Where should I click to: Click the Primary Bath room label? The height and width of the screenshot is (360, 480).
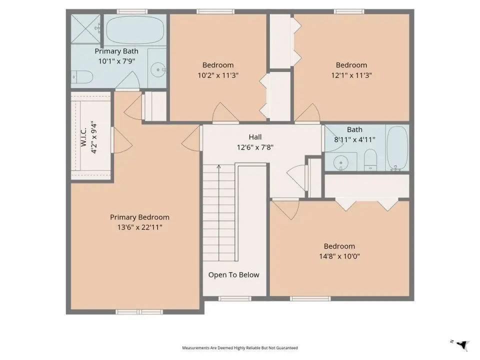click(116, 51)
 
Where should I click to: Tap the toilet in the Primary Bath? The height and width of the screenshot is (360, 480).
click(82, 77)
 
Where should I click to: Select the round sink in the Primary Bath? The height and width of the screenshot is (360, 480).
click(158, 70)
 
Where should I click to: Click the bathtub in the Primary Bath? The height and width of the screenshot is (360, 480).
click(134, 29)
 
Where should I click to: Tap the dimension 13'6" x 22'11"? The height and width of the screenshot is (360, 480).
click(139, 227)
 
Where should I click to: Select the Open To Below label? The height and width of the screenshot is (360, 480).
click(234, 275)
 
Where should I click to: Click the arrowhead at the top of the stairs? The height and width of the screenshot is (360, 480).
click(219, 166)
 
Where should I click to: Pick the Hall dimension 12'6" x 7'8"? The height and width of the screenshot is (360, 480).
click(255, 147)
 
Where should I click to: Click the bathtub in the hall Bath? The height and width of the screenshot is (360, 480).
click(397, 148)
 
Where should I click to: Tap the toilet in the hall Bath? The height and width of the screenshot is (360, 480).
click(370, 159)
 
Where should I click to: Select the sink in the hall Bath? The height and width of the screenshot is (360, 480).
click(340, 162)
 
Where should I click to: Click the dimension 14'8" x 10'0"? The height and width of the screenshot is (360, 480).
click(339, 256)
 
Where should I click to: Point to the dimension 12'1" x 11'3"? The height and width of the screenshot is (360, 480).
click(351, 75)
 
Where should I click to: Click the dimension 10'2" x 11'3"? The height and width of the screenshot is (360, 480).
click(218, 75)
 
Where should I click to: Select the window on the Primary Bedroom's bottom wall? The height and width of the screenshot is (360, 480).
click(139, 312)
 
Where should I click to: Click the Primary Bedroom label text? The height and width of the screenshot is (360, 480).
click(139, 217)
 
